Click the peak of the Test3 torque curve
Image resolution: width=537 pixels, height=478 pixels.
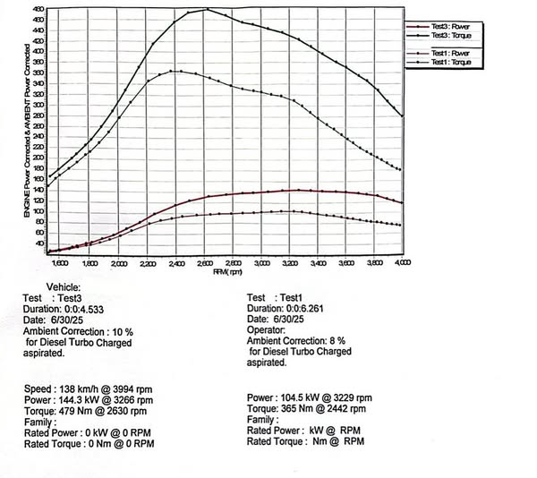206,10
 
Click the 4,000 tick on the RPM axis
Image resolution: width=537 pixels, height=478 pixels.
402,263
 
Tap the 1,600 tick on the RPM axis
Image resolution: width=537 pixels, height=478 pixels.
61,263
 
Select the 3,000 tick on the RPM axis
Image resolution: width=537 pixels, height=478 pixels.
260,263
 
